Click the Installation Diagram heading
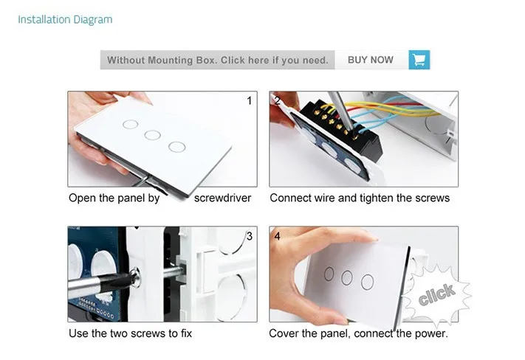(65, 20)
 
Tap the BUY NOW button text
(371, 60)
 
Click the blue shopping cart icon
(419, 60)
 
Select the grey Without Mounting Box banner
(217, 60)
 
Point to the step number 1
(249, 101)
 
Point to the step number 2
(277, 100)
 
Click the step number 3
(250, 236)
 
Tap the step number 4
(277, 236)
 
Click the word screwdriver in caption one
(222, 198)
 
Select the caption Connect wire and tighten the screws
(360, 198)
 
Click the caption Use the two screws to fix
(130, 333)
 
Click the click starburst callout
(436, 294)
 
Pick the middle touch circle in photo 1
(152, 135)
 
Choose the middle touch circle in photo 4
(347, 277)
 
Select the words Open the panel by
(114, 198)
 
